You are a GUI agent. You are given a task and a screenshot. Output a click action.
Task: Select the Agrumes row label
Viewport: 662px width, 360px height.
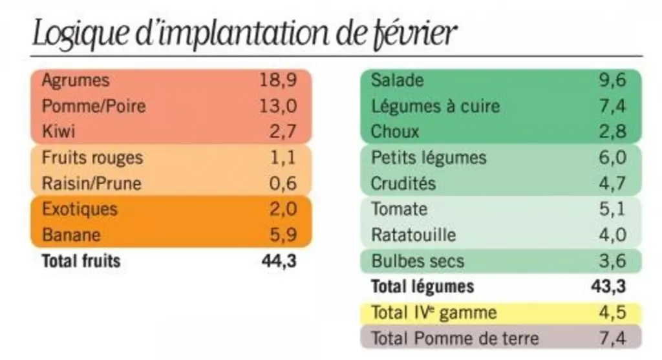point(76,80)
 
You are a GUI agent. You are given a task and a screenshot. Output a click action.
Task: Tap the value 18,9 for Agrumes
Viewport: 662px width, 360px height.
point(278,79)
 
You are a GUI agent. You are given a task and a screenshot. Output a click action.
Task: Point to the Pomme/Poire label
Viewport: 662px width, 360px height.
point(94,106)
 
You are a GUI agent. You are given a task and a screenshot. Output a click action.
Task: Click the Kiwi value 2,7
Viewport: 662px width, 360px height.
point(283,131)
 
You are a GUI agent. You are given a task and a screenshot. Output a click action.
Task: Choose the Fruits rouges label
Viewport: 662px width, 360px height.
point(92,158)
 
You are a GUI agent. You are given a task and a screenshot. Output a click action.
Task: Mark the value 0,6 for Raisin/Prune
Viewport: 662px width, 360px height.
point(283,183)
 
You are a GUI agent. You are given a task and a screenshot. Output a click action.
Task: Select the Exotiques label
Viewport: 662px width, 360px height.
point(80,209)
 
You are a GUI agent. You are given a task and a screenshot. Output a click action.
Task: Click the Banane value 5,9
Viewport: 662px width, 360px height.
point(283,235)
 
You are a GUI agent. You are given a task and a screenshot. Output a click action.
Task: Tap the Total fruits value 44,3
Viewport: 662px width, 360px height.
point(279,261)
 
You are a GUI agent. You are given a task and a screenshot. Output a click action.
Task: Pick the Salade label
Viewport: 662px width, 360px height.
point(398,80)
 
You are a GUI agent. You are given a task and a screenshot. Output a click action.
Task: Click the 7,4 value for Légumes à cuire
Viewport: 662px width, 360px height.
point(613,106)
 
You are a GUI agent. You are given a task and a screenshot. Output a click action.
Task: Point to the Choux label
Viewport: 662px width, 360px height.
point(395,132)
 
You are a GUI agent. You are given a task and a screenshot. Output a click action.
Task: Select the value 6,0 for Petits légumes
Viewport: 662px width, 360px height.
point(613,158)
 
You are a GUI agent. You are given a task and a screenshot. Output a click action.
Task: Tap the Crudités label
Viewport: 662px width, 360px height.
point(403,184)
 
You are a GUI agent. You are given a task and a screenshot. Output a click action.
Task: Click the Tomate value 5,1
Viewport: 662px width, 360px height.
point(612,209)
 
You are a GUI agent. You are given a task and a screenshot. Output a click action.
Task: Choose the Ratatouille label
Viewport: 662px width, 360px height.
point(413,235)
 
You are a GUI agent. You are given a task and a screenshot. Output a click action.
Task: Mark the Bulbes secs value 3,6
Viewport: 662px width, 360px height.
point(613,261)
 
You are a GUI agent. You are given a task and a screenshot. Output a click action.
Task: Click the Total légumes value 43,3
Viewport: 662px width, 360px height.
point(608,286)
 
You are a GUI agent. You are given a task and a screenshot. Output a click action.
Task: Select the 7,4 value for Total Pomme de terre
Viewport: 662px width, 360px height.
point(613,338)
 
